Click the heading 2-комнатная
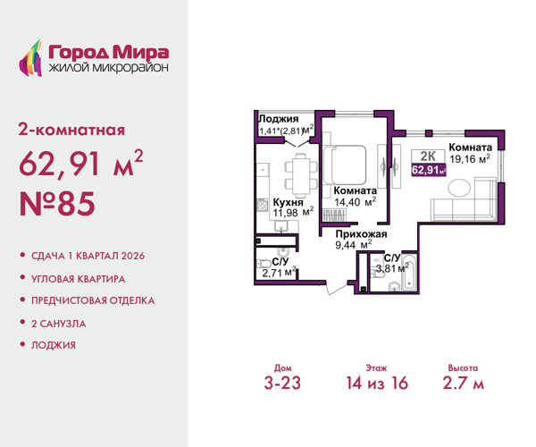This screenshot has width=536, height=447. point(71,131)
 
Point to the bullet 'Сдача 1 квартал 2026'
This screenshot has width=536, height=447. point(86,256)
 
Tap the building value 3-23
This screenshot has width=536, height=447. point(281,384)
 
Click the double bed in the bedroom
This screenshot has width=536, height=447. point(347,163)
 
